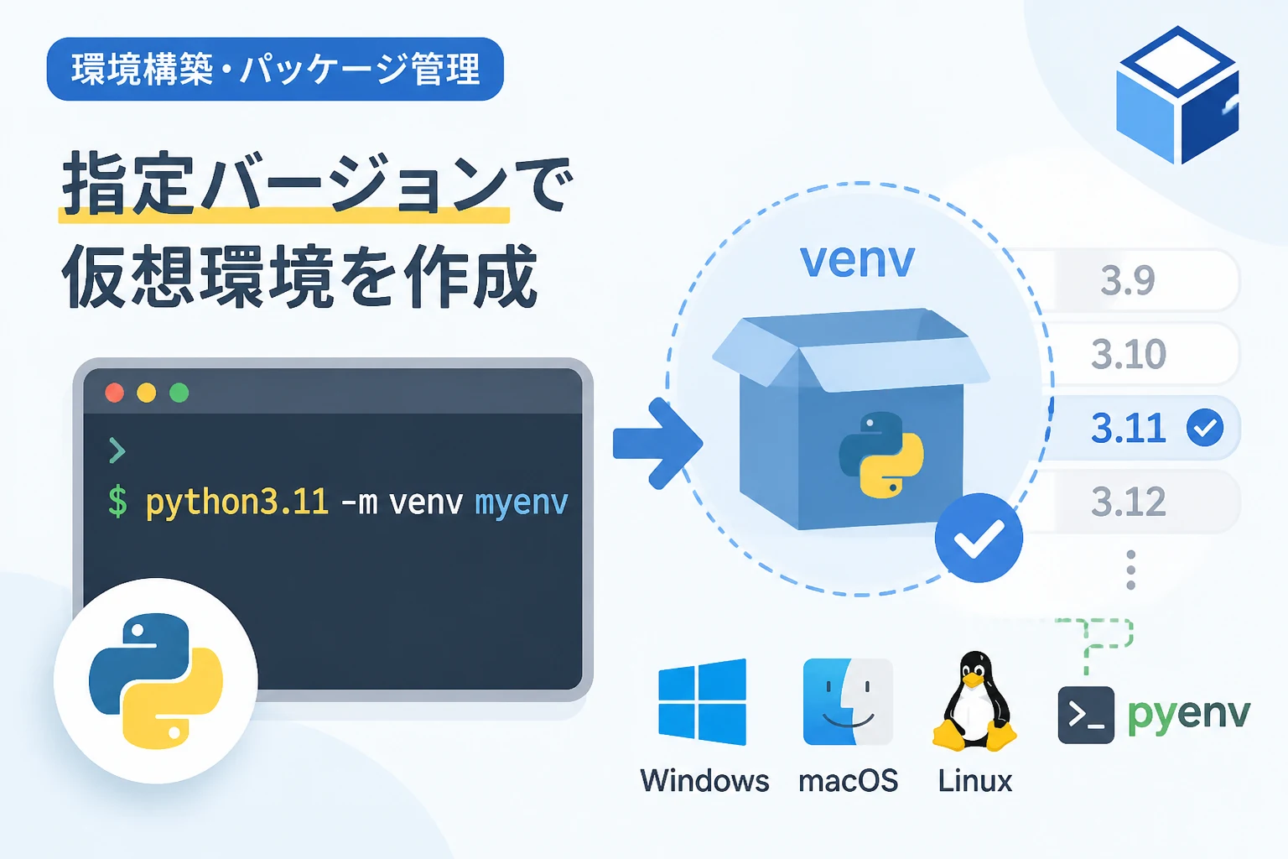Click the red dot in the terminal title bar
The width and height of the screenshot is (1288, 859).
click(x=114, y=393)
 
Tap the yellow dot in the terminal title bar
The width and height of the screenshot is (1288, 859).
click(x=147, y=393)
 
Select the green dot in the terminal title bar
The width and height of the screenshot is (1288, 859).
click(x=179, y=393)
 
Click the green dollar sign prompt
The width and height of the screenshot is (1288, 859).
click(x=118, y=501)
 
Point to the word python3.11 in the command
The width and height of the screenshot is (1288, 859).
click(x=237, y=502)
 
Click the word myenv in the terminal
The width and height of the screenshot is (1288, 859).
click(x=522, y=502)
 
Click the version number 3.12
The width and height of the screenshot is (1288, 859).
click(x=1128, y=502)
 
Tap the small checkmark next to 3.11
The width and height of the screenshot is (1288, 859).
click(x=1205, y=428)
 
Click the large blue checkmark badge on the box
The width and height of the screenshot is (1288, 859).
click(x=979, y=538)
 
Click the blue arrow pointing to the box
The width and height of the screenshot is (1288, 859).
click(x=657, y=444)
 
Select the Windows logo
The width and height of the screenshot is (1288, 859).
click(x=702, y=702)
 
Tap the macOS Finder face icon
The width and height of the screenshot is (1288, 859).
click(x=848, y=702)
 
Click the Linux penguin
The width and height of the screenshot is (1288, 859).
click(x=974, y=701)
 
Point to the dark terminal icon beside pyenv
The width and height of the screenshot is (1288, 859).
click(x=1086, y=715)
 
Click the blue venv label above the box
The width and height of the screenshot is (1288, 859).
click(x=857, y=261)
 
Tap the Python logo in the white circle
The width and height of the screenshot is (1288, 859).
click(x=156, y=680)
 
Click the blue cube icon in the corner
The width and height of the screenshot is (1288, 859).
click(x=1177, y=95)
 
